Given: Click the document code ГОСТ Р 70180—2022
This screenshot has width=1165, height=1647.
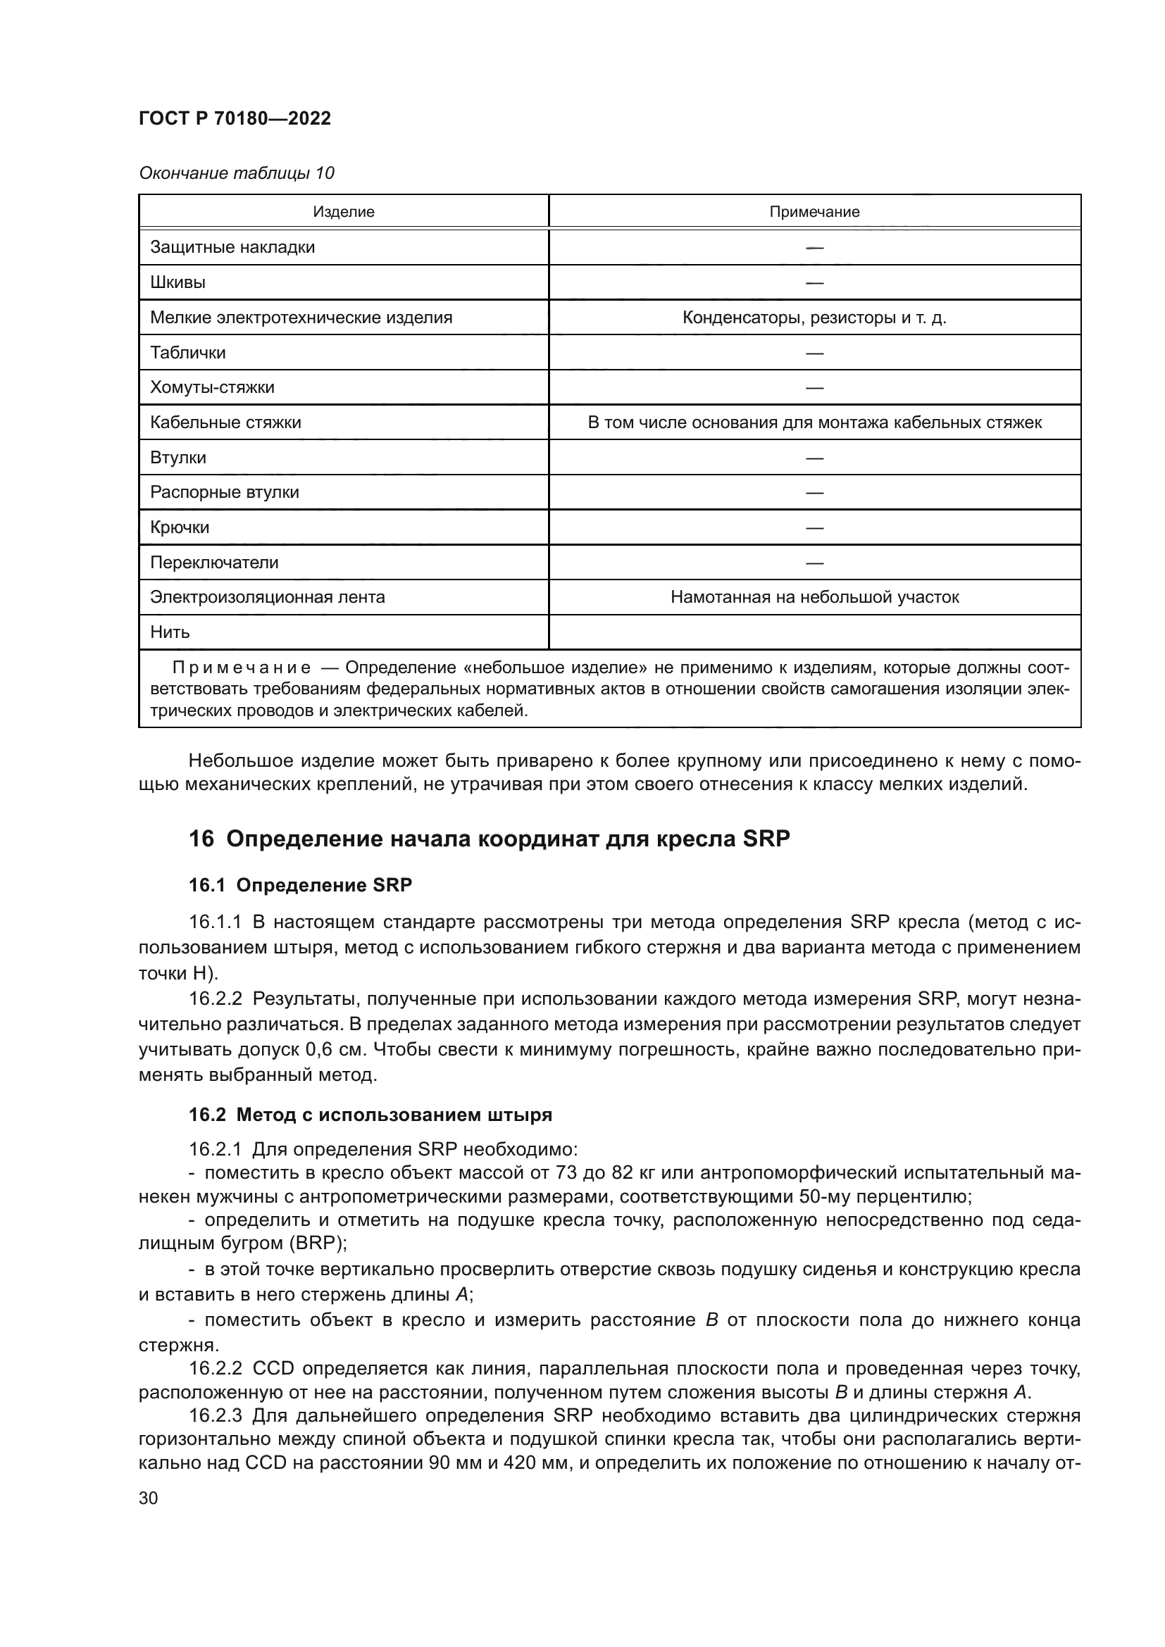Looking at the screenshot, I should (235, 118).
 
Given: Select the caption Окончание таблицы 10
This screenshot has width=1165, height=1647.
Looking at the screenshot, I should (236, 173).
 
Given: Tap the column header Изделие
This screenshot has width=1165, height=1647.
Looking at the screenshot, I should (344, 212).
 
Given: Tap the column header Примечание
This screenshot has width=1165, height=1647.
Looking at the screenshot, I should (814, 212).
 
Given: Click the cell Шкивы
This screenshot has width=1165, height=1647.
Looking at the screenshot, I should (178, 282).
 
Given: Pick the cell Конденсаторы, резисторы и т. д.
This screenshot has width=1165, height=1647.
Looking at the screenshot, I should (814, 317).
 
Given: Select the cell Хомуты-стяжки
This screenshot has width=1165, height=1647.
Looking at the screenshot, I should (212, 387).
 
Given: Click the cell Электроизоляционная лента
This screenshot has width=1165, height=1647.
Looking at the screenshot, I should (268, 597).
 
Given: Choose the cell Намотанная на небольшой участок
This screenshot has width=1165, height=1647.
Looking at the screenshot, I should (814, 597).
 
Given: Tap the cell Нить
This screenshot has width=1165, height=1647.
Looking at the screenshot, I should (170, 632).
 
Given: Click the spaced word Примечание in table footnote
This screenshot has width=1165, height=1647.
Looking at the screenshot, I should (241, 668).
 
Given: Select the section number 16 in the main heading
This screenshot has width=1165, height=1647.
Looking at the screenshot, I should (201, 839).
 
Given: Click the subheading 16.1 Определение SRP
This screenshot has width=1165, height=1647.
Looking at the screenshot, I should (300, 885).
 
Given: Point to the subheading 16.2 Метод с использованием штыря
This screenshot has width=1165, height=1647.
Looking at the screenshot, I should (370, 1115).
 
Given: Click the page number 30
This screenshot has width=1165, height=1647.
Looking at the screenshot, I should (149, 1498).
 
